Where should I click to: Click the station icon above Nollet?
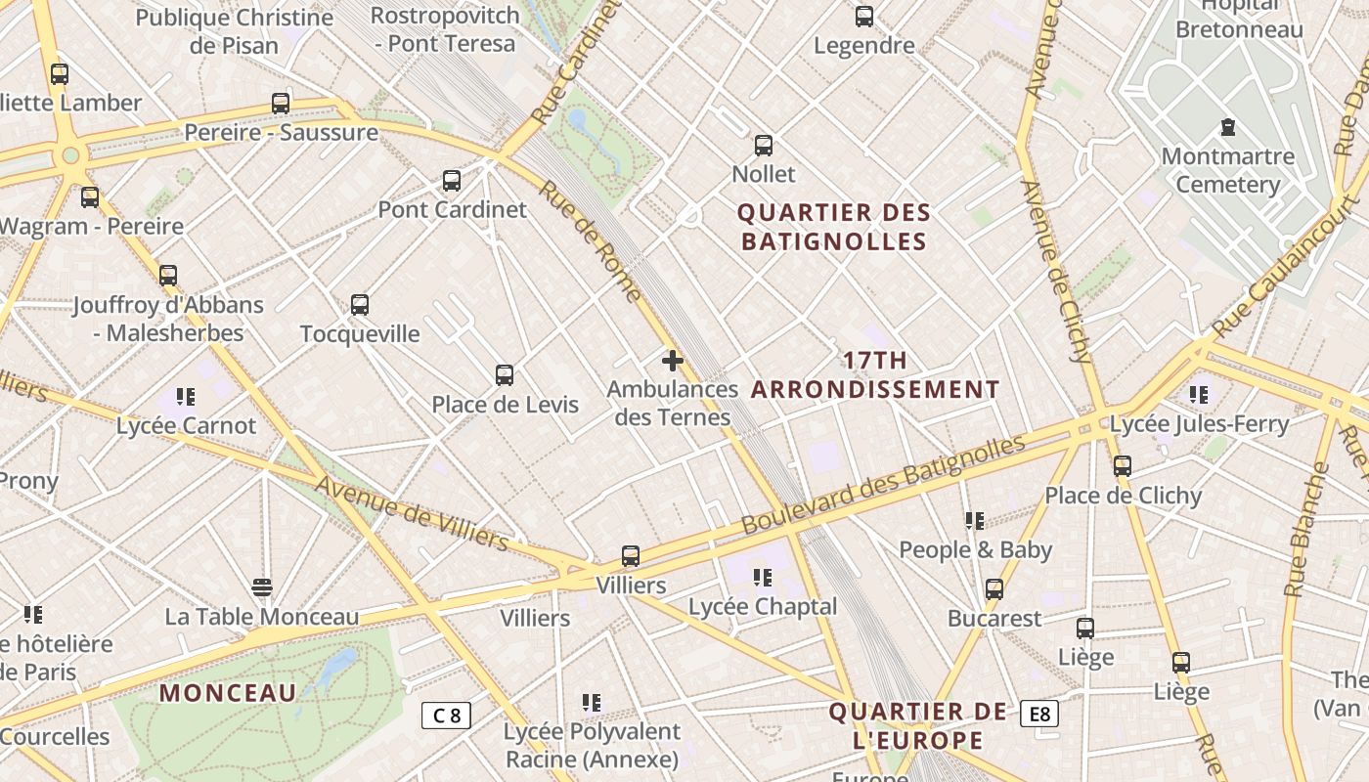(764, 146)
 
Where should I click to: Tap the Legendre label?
(864, 45)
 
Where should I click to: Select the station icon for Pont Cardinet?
(451, 181)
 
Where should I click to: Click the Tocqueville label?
(360, 333)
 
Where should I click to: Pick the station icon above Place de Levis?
(505, 375)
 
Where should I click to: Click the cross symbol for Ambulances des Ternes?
(673, 361)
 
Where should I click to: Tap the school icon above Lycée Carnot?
(186, 397)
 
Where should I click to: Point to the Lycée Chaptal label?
(763, 606)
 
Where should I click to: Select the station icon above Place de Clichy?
(1123, 466)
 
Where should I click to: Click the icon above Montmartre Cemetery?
(1227, 127)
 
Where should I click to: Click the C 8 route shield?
(446, 715)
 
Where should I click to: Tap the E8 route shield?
(1038, 714)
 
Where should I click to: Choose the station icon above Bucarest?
(994, 589)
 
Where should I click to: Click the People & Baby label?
(975, 549)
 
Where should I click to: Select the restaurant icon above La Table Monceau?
(261, 587)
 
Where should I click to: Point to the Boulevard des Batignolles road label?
(883, 484)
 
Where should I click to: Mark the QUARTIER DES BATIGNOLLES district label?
(834, 227)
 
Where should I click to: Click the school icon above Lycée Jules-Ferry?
(1199, 395)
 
